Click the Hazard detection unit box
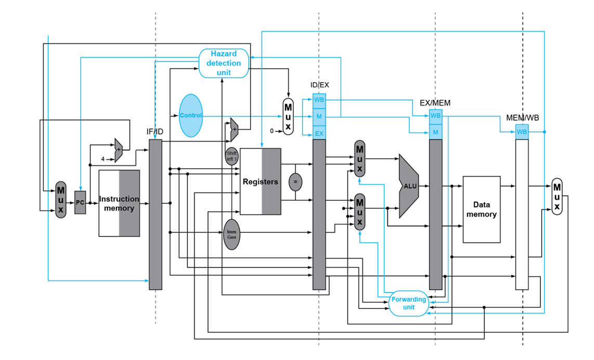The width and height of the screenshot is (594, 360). click(223, 63)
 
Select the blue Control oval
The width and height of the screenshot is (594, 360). click(190, 115)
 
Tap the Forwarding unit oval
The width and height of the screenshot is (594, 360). click(409, 303)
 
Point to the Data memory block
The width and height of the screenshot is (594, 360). click(481, 210)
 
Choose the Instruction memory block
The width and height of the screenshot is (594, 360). click(119, 203)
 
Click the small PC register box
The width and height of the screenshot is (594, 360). click(80, 203)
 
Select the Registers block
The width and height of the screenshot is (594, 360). click(260, 182)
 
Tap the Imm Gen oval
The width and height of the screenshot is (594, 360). click(231, 234)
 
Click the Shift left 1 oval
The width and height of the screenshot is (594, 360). click(231, 156)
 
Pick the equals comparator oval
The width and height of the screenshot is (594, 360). click(295, 182)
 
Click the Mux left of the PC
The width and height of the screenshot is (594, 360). click(61, 200)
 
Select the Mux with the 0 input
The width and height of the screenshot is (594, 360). click(288, 116)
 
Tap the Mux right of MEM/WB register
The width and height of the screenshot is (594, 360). click(557, 196)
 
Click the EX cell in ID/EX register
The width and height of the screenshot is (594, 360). click(319, 134)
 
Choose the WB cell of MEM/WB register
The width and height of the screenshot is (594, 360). click(522, 132)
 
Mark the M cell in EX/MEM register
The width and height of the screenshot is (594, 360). click(435, 133)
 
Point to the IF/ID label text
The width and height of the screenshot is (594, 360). click(154, 132)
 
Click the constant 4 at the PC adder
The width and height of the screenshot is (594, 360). click(103, 159)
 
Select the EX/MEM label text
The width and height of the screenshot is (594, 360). click(435, 103)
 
